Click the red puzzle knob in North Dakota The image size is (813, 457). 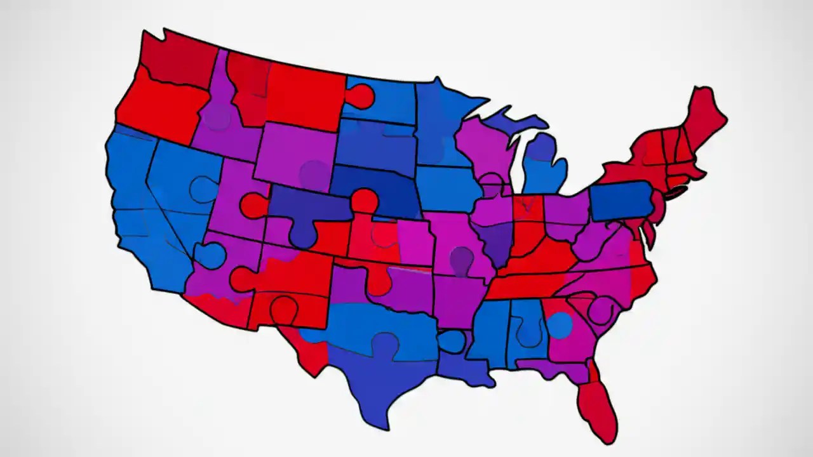pos(360,96)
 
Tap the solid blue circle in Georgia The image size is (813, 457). pos(559,325)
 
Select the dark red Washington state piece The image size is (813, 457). pos(178,60)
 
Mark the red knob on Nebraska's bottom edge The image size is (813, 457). pos(364,200)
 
